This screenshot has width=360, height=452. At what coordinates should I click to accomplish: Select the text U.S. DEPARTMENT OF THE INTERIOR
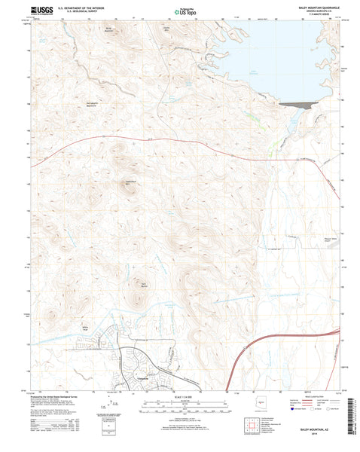[x=84, y=7]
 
